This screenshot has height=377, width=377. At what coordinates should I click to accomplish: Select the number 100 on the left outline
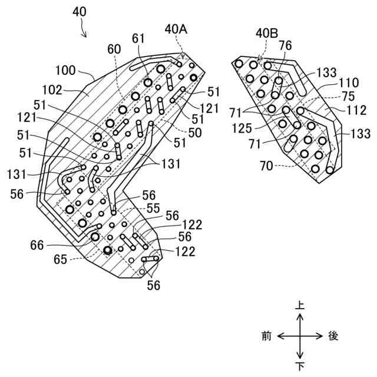click(66, 71)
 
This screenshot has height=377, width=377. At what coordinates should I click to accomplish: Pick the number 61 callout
click(138, 39)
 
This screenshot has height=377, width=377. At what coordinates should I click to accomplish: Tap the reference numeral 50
click(194, 133)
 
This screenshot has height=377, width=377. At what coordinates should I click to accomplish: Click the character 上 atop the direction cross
click(300, 306)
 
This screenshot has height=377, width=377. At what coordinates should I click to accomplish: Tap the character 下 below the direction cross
click(300, 366)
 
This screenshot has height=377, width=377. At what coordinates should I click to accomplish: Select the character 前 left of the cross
click(266, 336)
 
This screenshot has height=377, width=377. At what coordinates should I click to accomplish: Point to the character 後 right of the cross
click(333, 336)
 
